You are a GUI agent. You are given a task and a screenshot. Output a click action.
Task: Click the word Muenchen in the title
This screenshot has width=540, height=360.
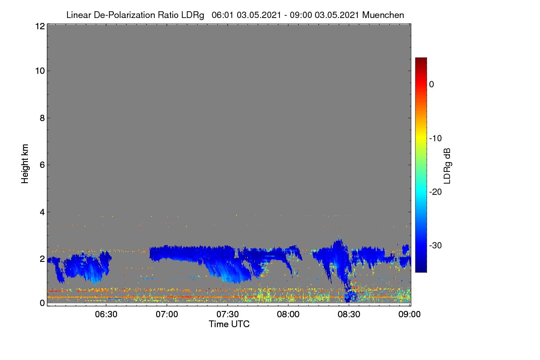pos(383,15)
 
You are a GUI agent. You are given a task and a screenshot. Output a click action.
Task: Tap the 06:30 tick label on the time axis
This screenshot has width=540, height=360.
pos(106,315)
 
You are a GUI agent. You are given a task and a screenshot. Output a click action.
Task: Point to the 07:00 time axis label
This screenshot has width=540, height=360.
pos(167,315)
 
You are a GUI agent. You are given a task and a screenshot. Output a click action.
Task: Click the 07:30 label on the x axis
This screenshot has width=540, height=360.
pos(228,315)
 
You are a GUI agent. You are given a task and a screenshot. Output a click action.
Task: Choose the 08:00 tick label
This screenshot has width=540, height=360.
pos(288,315)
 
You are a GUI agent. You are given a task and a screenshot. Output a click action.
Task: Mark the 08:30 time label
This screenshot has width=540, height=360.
pos(349,315)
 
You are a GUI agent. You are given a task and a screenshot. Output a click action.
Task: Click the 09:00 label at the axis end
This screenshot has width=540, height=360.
pos(409,315)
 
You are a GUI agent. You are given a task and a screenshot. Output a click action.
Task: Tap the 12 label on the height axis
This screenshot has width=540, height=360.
pos(40,26)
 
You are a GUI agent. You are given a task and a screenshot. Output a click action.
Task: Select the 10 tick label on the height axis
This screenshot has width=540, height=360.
pos(40,71)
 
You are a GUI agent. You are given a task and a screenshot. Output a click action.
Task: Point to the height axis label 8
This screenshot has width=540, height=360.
pos(42,118)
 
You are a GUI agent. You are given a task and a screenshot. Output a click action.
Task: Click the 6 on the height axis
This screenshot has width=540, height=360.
pos(42,165)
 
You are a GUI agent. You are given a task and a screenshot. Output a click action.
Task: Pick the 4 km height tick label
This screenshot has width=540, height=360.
pos(42,212)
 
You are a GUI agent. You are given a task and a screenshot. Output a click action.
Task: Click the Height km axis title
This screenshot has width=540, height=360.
pos(25,164)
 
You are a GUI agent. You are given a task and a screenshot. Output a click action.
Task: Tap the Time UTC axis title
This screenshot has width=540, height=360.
pos(229,324)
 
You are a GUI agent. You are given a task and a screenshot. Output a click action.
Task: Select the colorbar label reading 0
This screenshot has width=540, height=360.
pos(432,85)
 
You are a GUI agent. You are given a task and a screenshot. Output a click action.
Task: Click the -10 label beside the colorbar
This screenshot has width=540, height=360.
pos(436,139)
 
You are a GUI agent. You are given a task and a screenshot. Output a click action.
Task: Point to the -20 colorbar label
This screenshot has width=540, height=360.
pos(436,192)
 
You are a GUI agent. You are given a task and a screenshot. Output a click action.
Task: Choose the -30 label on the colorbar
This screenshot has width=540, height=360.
pos(436,245)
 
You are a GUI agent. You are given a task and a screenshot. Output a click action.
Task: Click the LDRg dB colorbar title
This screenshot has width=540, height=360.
pos(447,166)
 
